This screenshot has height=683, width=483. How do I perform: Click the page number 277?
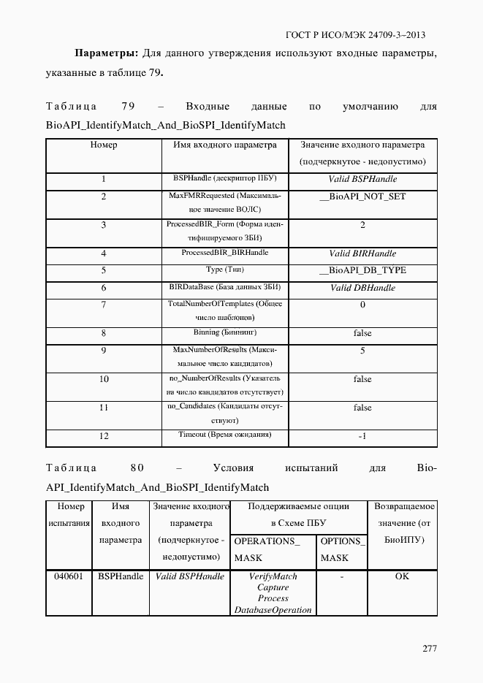tap(429, 649)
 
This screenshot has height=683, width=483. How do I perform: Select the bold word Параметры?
tap(106, 53)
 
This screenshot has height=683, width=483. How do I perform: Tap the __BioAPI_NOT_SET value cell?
tap(362, 196)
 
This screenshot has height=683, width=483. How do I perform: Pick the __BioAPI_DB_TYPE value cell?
tap(362, 270)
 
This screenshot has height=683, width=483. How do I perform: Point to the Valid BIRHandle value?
tap(362, 253)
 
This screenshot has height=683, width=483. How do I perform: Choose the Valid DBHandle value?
tap(362, 288)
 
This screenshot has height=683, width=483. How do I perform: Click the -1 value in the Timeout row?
tap(362, 436)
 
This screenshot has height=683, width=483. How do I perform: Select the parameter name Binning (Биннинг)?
tap(225, 332)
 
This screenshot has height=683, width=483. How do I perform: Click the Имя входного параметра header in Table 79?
tap(225, 145)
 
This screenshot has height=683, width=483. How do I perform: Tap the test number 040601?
tap(69, 576)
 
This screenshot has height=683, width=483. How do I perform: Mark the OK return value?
tap(402, 576)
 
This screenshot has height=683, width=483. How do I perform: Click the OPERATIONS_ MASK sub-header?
tap(267, 549)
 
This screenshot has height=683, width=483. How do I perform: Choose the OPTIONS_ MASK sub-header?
tap(342, 549)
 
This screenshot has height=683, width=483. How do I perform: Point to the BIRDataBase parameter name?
tap(225, 287)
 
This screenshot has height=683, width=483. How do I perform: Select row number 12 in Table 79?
tap(104, 436)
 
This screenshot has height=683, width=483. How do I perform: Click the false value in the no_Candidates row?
tap(362, 408)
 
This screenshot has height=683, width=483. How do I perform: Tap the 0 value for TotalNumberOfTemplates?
tap(362, 305)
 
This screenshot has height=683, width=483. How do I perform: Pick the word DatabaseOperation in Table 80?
tap(273, 609)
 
